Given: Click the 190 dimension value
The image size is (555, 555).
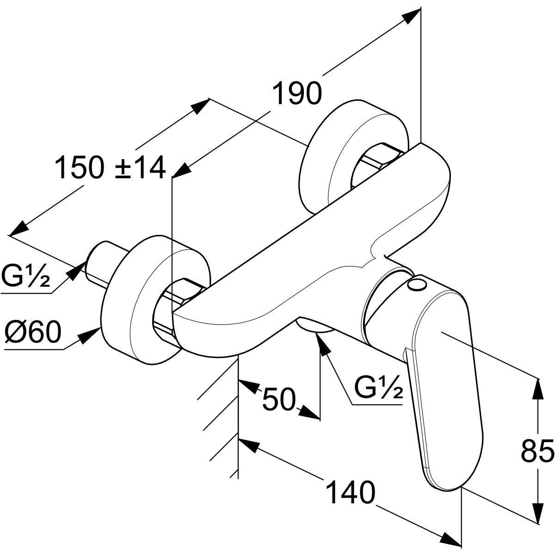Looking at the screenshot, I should tap(296, 93).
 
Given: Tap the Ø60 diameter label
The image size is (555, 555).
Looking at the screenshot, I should tap(33, 333).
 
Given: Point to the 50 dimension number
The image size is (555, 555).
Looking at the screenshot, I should tap(278, 399).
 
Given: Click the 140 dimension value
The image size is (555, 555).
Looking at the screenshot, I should tap(350, 493).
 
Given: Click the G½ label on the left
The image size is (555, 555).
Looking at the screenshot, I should tap(25, 277).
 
